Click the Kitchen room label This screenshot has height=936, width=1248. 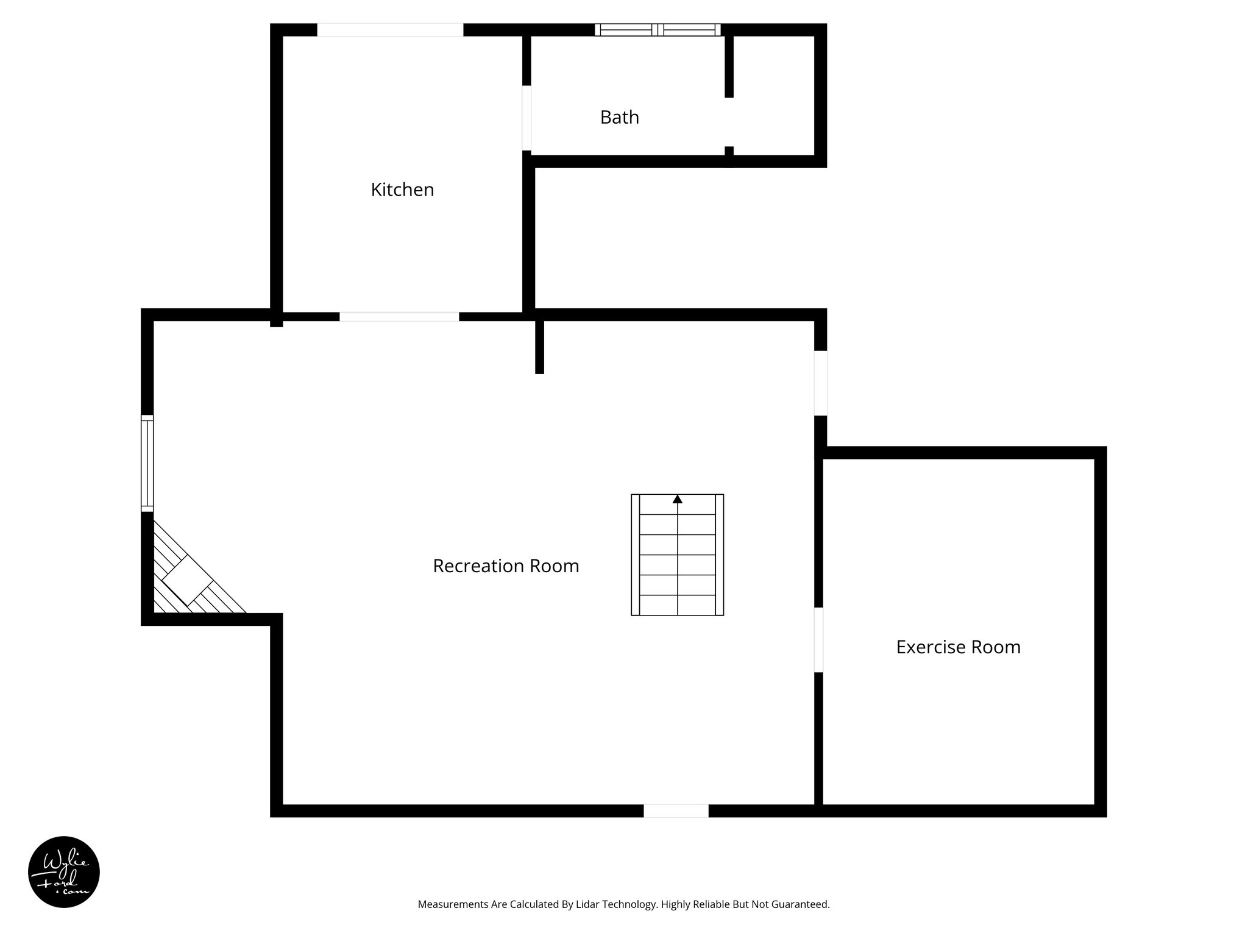point(402,190)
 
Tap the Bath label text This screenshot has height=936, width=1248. point(619,117)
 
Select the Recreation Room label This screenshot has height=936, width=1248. point(506,566)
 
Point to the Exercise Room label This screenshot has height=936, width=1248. point(958,647)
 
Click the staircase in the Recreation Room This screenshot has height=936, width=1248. point(677,555)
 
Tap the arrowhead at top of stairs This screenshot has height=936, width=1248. point(677,499)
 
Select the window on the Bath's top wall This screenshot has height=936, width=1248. point(658,30)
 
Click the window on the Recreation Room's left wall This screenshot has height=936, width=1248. point(147,463)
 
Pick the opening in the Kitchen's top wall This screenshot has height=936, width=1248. point(390,30)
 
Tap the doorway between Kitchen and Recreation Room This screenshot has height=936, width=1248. point(399,316)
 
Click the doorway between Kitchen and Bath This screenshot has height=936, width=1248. point(526,118)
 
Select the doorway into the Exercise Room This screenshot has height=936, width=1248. point(818,640)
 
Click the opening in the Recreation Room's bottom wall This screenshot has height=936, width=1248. point(676,810)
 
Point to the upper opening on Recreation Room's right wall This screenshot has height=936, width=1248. point(821,383)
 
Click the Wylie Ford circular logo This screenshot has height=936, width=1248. point(64,872)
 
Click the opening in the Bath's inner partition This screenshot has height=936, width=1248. point(729,122)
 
